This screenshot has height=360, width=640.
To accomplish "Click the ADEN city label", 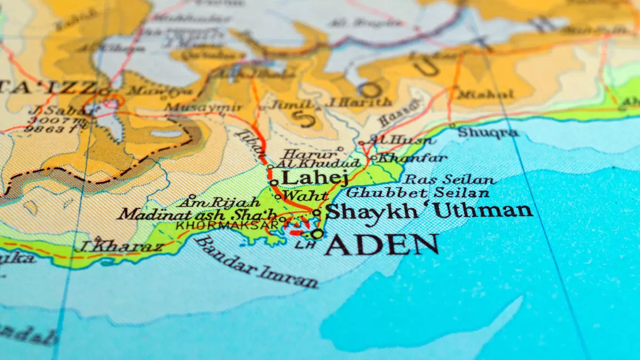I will [382, 245].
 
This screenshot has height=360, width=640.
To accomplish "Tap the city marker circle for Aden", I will [317, 234].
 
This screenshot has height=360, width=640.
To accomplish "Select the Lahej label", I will [314, 178].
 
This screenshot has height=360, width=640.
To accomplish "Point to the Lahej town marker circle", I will [274, 183].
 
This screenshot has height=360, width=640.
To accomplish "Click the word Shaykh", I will [372, 211].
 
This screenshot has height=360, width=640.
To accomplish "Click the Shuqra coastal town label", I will [488, 132].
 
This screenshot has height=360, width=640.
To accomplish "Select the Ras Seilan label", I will [449, 180].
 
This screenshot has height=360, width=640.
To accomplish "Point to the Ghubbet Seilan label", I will [417, 193].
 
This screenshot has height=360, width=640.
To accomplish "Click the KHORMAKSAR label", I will [227, 226].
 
